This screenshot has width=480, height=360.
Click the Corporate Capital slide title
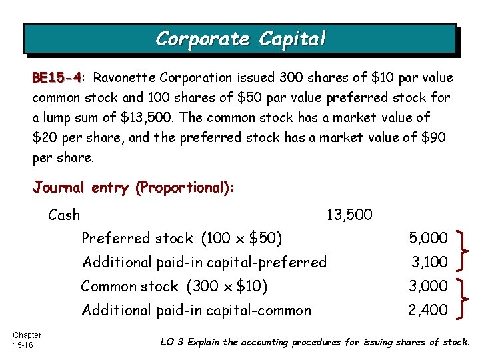(241, 39)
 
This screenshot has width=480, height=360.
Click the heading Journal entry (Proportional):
(133, 188)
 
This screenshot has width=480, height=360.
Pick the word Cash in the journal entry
(64, 215)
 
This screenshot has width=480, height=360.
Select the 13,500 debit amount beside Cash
(349, 215)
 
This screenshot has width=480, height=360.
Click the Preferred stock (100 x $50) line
(181, 239)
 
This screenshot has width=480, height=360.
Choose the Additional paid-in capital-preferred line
(203, 263)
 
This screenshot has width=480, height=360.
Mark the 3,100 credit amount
(428, 263)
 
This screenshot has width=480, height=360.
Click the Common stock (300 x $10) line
(174, 287)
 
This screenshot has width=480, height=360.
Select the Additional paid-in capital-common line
(196, 311)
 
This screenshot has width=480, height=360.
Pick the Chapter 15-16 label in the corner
(27, 340)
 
